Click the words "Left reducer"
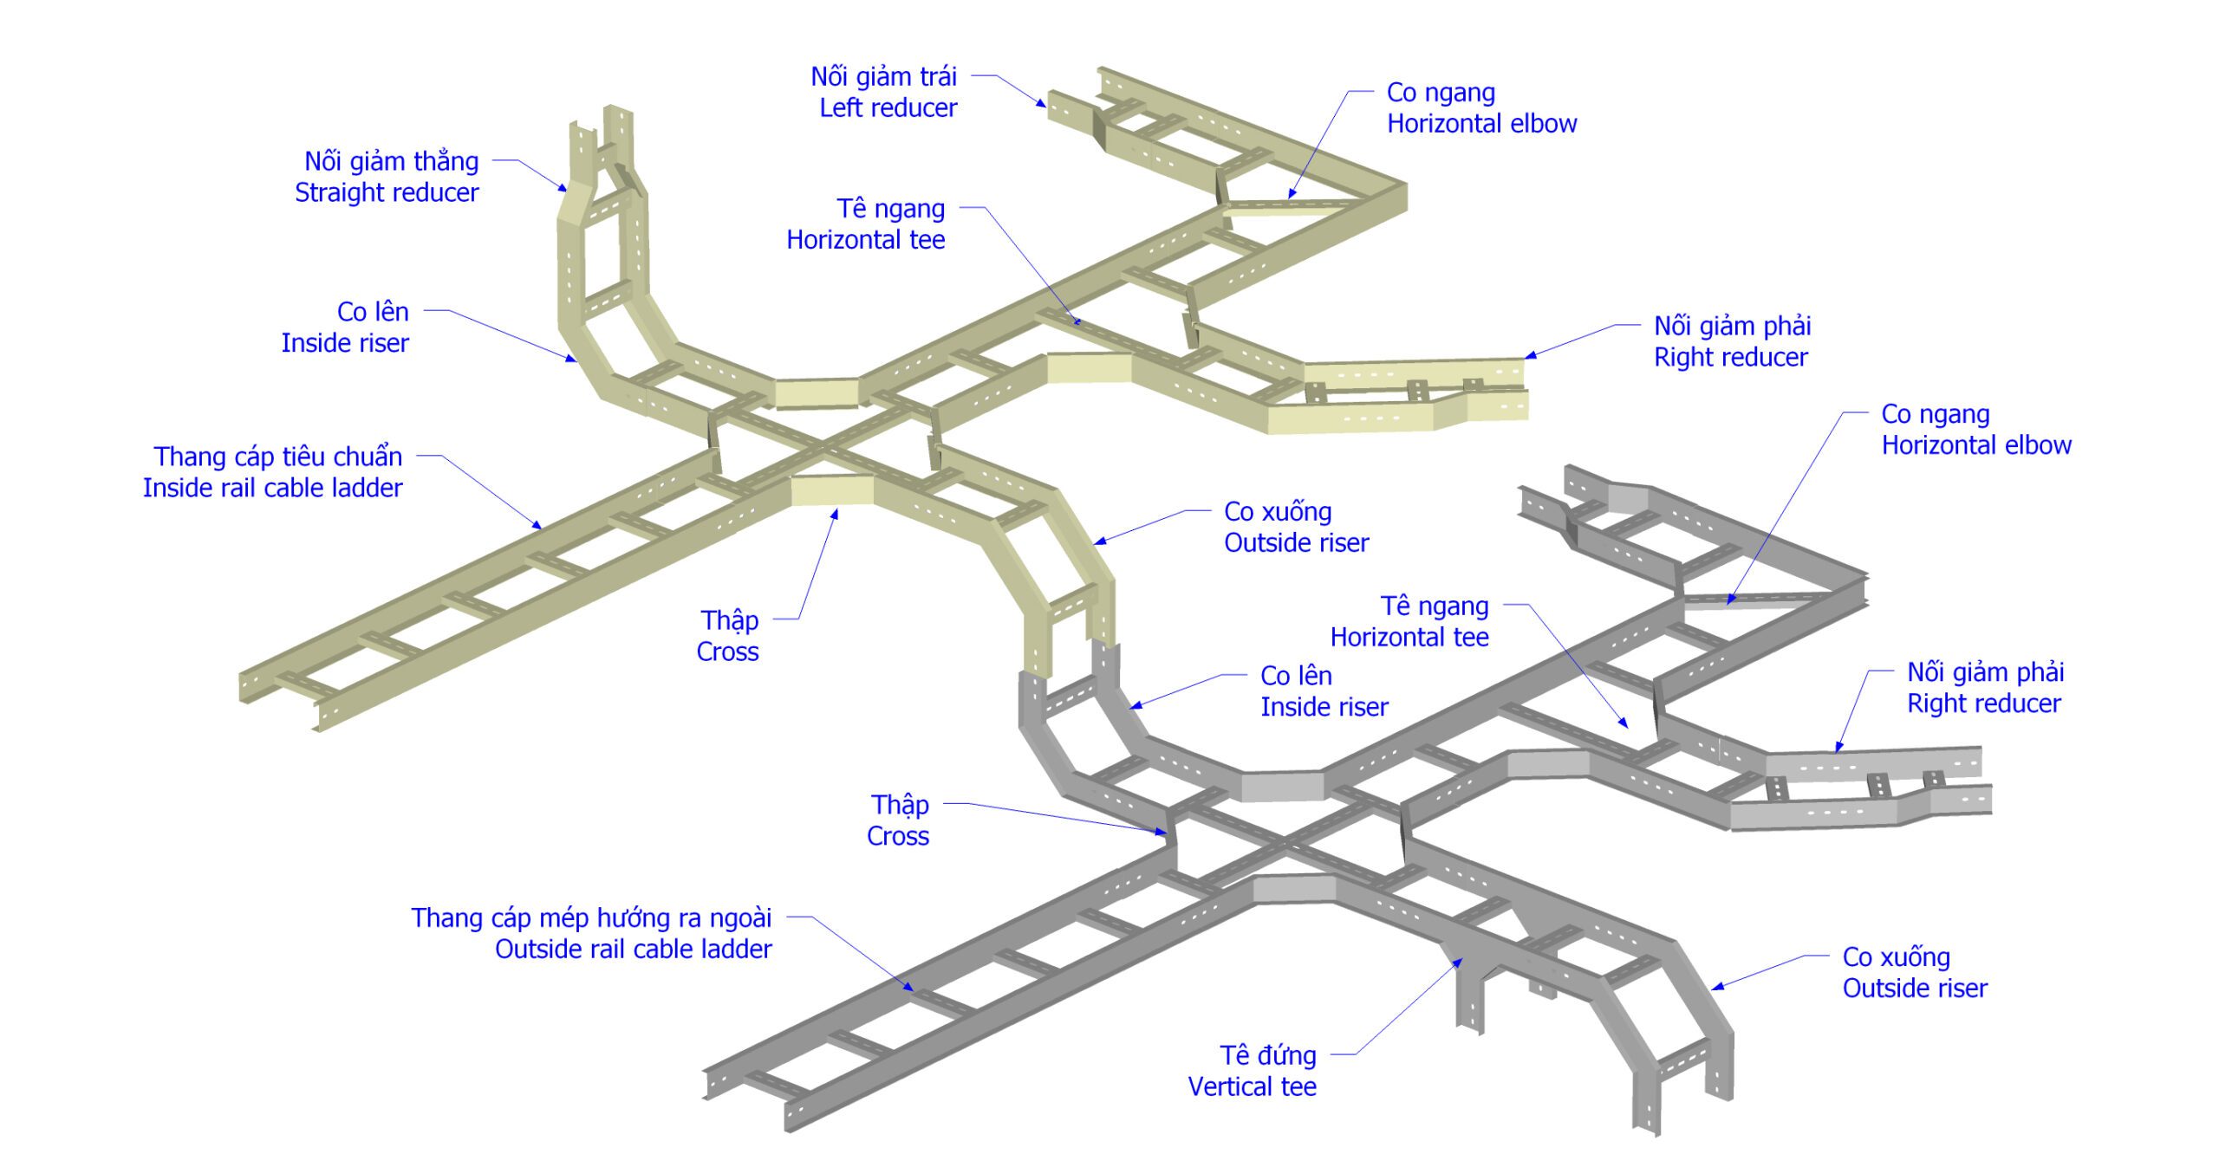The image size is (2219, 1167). [x=888, y=108]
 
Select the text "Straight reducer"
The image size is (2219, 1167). [x=386, y=192]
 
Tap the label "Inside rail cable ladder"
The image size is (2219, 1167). [x=272, y=488]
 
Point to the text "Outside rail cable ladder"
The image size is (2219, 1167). [x=633, y=949]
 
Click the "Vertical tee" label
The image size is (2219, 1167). [x=1252, y=1086]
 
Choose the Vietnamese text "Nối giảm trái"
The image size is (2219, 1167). [x=883, y=77]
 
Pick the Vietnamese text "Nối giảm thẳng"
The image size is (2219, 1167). [x=391, y=161]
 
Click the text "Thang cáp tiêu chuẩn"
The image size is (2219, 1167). [x=277, y=457]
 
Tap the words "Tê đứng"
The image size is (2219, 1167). [x=1267, y=1055]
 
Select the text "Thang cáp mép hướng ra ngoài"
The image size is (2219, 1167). [x=591, y=917]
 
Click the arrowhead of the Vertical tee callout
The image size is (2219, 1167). [x=1461, y=960]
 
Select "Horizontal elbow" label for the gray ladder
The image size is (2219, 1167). [x=1975, y=445]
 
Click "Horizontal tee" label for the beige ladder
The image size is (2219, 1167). [x=865, y=240]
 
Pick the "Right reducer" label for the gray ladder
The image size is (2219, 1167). [x=1983, y=703]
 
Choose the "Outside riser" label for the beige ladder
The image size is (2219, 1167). [x=1296, y=543]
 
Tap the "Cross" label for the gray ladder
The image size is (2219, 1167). [x=897, y=836]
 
